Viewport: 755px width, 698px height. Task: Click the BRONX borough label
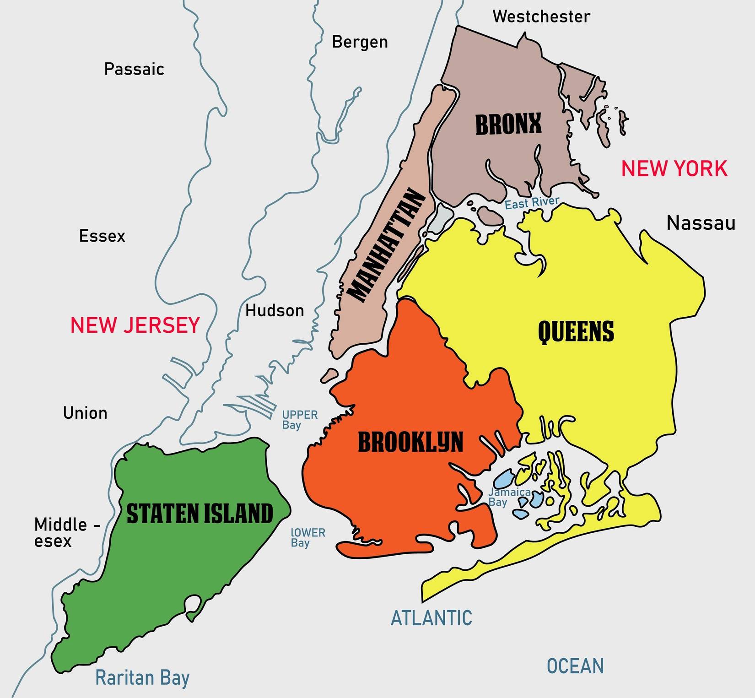pyautogui.click(x=508, y=124)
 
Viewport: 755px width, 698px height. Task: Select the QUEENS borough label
pyautogui.click(x=576, y=331)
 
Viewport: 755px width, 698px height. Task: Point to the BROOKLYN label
pyautogui.click(x=410, y=442)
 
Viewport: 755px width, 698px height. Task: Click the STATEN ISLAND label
pyautogui.click(x=200, y=513)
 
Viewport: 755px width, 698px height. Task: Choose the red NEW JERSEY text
pyautogui.click(x=135, y=325)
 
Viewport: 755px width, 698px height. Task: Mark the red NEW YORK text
pyautogui.click(x=674, y=168)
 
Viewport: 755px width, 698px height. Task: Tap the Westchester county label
pyautogui.click(x=541, y=17)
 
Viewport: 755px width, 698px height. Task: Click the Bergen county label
pyautogui.click(x=360, y=42)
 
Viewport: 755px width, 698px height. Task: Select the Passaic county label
pyautogui.click(x=134, y=69)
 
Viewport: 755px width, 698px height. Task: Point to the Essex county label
pyautogui.click(x=102, y=236)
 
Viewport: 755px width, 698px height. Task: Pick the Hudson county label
pyautogui.click(x=275, y=311)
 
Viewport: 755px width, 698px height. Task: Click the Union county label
pyautogui.click(x=85, y=413)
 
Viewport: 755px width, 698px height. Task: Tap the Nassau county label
pyautogui.click(x=701, y=223)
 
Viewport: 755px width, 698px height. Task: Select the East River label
pyautogui.click(x=532, y=203)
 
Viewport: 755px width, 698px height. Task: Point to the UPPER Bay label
pyautogui.click(x=299, y=420)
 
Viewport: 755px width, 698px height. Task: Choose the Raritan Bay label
pyautogui.click(x=142, y=678)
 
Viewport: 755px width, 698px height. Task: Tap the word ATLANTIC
pyautogui.click(x=431, y=618)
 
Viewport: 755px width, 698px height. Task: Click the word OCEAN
pyautogui.click(x=575, y=666)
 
